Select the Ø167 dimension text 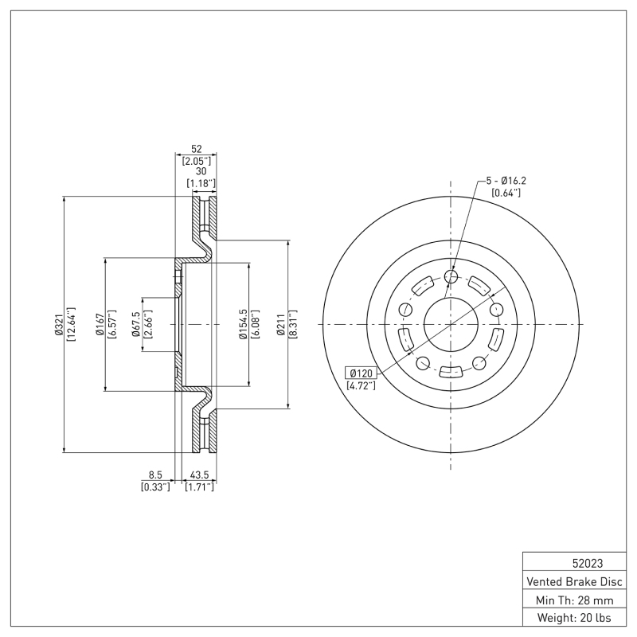[100, 325]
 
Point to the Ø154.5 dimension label [244, 325]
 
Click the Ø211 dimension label [281, 325]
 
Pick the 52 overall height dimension [196, 149]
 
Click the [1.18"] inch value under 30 [200, 184]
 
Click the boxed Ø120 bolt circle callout [361, 373]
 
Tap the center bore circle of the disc [451, 324]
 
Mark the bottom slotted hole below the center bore [451, 372]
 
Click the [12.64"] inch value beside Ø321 [71, 325]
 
